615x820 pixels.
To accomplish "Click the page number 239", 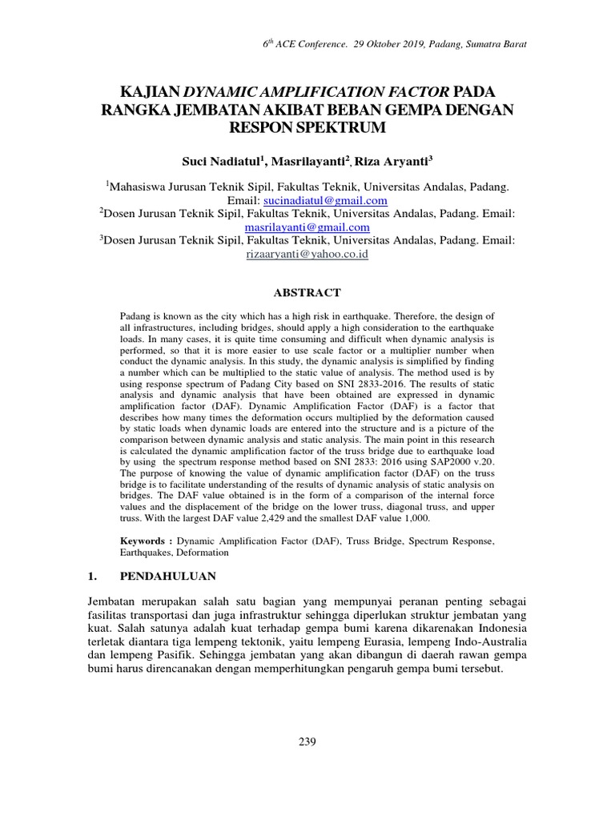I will (307, 742).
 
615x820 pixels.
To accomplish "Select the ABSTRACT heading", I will (307, 292).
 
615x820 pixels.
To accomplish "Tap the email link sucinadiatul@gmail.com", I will (320, 200).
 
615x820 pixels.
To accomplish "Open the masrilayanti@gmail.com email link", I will (307, 227).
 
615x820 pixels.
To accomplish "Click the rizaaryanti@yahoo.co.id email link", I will (307, 254).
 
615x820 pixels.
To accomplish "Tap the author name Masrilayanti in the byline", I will (307, 161).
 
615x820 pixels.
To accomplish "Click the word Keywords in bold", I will (143, 541).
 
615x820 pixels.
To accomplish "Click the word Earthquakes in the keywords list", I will (148, 553).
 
